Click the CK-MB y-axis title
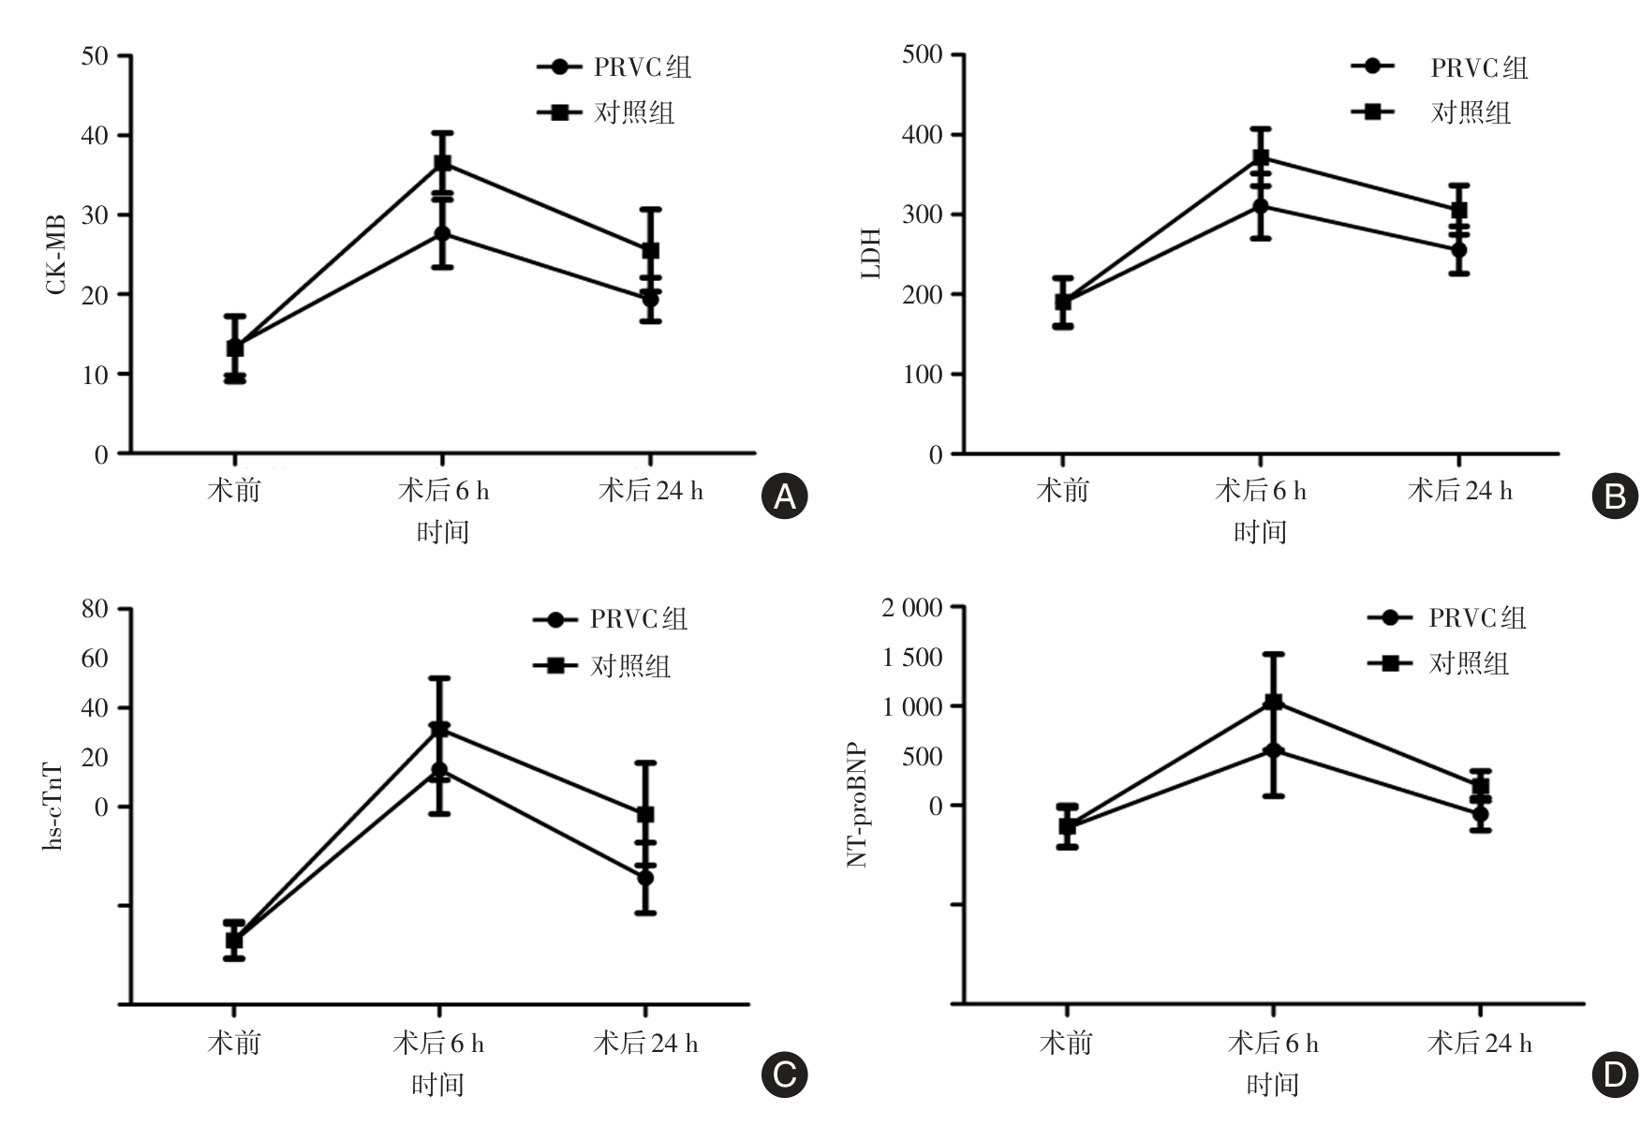tap(56, 254)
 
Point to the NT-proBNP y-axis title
tap(857, 806)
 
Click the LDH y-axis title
tap(871, 254)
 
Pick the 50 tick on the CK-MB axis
tap(94, 56)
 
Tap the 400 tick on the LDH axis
tap(922, 135)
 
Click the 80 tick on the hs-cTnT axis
tap(95, 609)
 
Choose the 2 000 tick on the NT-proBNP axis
tap(911, 608)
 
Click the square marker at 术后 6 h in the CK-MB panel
tap(442, 164)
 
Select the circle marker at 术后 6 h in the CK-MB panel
tap(442, 233)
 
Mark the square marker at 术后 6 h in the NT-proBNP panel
tap(1273, 702)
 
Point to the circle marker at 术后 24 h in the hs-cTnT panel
tap(645, 878)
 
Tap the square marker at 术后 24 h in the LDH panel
tap(1458, 210)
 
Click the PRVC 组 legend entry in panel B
tap(1478, 67)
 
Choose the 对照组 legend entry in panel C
tap(629, 666)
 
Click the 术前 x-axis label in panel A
tap(233, 491)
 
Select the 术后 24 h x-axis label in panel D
tap(1479, 1044)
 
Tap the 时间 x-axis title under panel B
tap(1260, 532)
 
